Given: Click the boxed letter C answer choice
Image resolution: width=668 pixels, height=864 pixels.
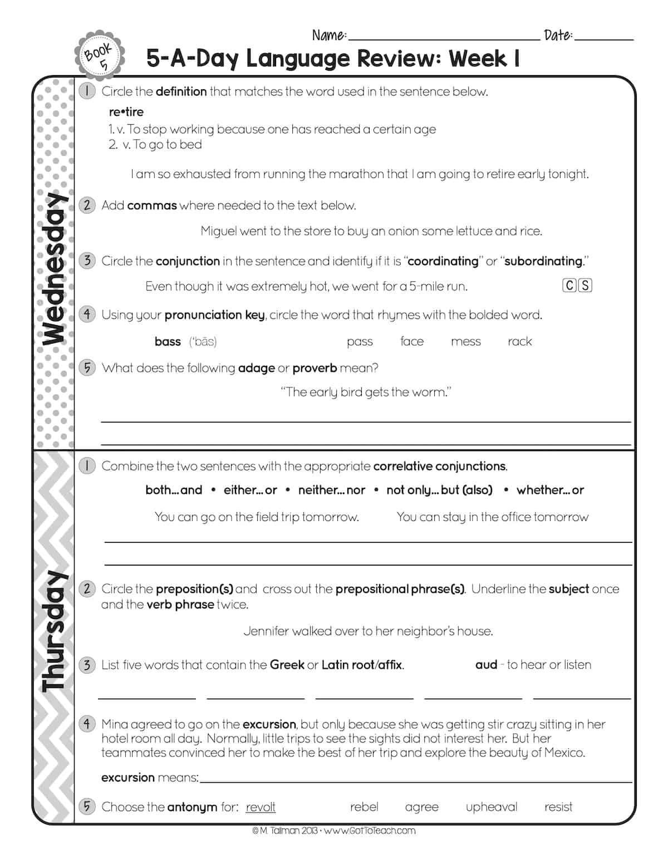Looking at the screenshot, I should [x=569, y=286].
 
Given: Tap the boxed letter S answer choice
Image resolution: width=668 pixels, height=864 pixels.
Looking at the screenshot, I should [x=584, y=286].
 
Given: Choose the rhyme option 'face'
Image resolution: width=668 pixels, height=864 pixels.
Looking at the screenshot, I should [x=412, y=341].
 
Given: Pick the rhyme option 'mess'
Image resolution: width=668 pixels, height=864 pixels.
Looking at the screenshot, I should [x=465, y=341].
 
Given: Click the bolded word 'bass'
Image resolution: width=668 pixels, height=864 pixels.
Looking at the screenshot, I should [x=168, y=341].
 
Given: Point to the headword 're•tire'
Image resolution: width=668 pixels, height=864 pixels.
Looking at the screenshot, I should [x=126, y=112].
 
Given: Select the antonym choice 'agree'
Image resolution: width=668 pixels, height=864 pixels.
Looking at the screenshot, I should [x=421, y=807].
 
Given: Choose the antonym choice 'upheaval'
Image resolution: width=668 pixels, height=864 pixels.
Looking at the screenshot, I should [x=491, y=807].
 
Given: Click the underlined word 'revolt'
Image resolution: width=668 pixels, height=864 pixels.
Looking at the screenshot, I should [x=261, y=807].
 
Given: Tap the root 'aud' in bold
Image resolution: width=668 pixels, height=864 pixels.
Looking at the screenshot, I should [x=486, y=665].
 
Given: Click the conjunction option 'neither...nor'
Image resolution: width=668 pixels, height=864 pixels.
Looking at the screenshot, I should [x=332, y=490].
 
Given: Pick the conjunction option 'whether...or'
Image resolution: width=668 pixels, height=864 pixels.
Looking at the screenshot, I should [x=550, y=490].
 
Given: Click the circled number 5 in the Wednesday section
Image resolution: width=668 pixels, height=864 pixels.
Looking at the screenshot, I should [x=87, y=367].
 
